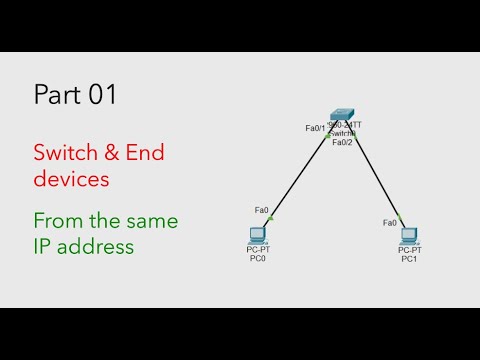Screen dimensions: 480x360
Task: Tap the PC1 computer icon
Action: [x=408, y=236]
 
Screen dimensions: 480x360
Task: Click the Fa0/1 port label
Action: [x=316, y=128]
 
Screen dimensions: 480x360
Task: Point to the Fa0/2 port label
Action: [x=342, y=142]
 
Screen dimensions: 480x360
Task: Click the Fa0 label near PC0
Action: [x=261, y=210]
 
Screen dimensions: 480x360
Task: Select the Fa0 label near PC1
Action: [x=390, y=222]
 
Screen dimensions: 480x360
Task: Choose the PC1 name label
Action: [x=408, y=260]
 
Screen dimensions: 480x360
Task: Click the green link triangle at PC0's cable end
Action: [x=271, y=217]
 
